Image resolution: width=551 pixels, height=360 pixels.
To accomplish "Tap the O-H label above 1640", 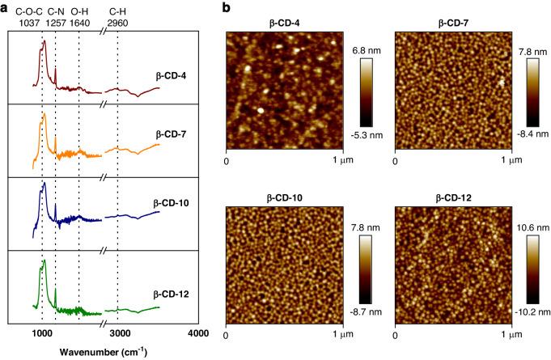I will [79, 11].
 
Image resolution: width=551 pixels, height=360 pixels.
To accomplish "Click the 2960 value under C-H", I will [120, 23].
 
